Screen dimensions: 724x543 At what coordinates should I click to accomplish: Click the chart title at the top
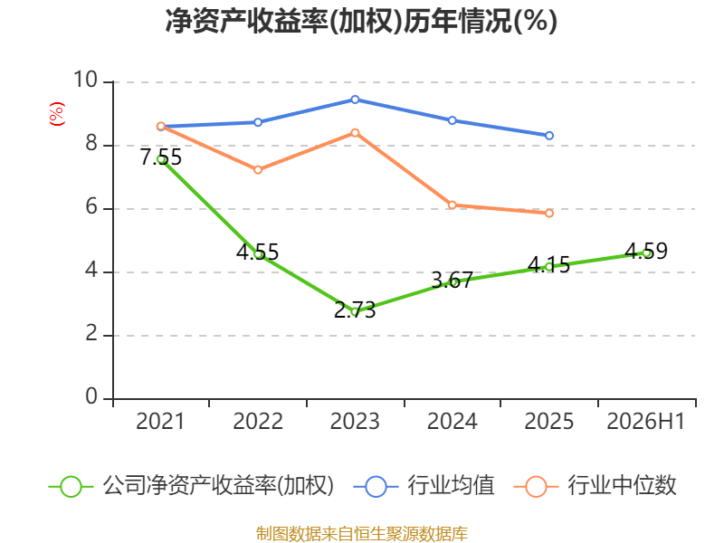coord(361,21)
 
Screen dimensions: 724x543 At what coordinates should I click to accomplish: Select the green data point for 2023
coord(355,311)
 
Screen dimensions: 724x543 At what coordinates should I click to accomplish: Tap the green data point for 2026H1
coord(647,253)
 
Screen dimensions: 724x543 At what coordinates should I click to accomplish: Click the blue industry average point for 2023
coord(355,100)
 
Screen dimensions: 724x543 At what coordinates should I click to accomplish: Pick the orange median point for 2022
coord(258,170)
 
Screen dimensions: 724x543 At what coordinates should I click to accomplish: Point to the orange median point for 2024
coord(452,205)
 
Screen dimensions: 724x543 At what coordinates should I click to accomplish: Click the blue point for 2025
coord(549,136)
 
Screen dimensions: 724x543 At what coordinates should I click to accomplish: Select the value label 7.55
coord(161,157)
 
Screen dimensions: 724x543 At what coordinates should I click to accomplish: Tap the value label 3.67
coord(452,280)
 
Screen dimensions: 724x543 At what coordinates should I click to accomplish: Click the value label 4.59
coord(646,251)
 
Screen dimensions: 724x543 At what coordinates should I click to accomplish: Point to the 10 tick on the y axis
coord(86,80)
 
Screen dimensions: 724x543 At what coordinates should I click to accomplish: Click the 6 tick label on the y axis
coord(91,206)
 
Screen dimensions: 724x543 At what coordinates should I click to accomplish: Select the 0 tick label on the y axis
coord(91,396)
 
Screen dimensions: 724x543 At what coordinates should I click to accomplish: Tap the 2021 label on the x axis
coord(160,421)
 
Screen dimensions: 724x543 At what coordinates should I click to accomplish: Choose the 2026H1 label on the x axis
coord(646,421)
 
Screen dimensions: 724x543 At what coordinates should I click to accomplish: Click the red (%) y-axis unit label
coord(57,114)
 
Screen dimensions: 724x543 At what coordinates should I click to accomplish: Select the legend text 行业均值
coord(451,486)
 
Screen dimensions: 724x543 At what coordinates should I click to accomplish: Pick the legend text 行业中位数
coord(622,486)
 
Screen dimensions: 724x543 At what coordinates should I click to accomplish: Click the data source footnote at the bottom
coord(362,534)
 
